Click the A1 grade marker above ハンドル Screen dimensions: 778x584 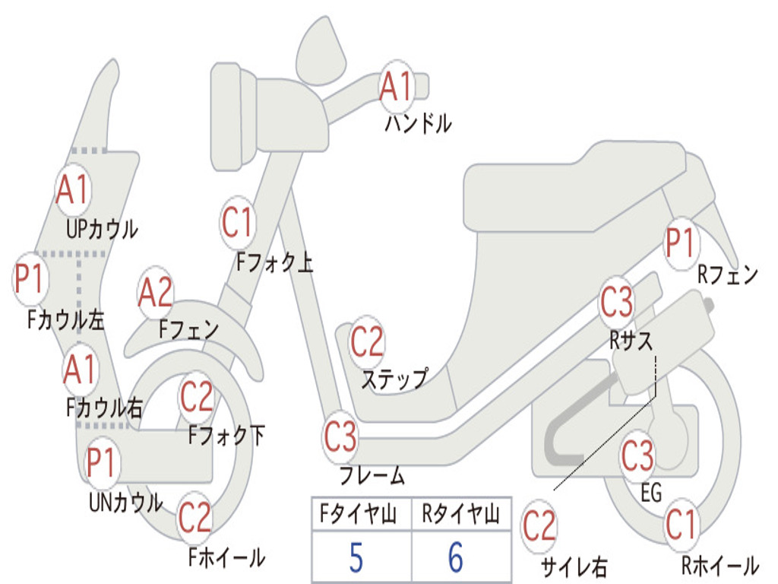pyautogui.click(x=396, y=86)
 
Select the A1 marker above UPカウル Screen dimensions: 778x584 pyautogui.click(x=73, y=190)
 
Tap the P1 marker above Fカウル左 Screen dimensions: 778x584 pyautogui.click(x=30, y=278)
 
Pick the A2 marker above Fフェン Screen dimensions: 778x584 pyautogui.click(x=156, y=293)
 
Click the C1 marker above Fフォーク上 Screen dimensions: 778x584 pyautogui.click(x=238, y=223)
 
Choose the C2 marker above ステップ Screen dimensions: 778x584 pyautogui.click(x=367, y=342)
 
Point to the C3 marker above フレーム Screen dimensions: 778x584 pyautogui.click(x=340, y=437)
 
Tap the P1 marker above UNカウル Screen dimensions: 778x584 pyautogui.click(x=102, y=462)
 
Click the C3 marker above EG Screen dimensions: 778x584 pyautogui.click(x=637, y=456)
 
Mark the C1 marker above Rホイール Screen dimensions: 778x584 pyautogui.click(x=680, y=524)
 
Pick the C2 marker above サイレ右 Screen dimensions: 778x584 pyautogui.click(x=539, y=526)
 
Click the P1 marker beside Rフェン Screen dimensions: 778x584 pyautogui.click(x=680, y=243)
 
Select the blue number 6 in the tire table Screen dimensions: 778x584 pyautogui.click(x=456, y=558)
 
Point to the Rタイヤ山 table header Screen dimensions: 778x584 pyautogui.click(x=460, y=516)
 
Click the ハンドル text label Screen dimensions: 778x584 pyautogui.click(x=417, y=123)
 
